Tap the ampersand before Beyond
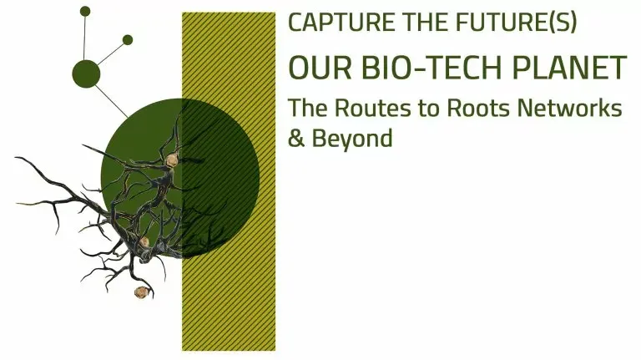[x=295, y=139]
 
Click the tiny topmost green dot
[x=85, y=11]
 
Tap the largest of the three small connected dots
[x=86, y=74]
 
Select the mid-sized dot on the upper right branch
[x=128, y=39]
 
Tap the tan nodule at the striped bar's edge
[x=173, y=160]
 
